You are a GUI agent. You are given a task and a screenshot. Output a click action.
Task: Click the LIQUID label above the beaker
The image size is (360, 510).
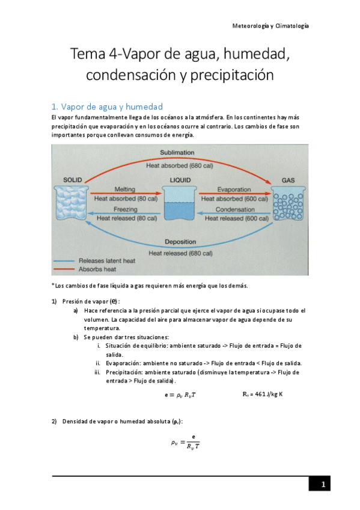[x=180, y=180]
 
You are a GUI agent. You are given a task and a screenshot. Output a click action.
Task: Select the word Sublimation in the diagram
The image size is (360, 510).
[x=180, y=153]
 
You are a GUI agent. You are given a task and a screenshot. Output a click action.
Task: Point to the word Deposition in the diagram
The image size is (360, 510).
[x=180, y=242]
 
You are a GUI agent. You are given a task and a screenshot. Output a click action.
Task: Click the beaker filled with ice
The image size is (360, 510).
[x=72, y=206]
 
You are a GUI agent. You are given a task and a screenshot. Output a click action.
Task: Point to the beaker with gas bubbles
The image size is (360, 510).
[x=288, y=206]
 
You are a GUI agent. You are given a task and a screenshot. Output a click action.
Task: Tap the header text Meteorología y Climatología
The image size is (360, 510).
[x=270, y=26]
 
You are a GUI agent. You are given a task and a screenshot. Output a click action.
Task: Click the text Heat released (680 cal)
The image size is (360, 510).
[x=180, y=253]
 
